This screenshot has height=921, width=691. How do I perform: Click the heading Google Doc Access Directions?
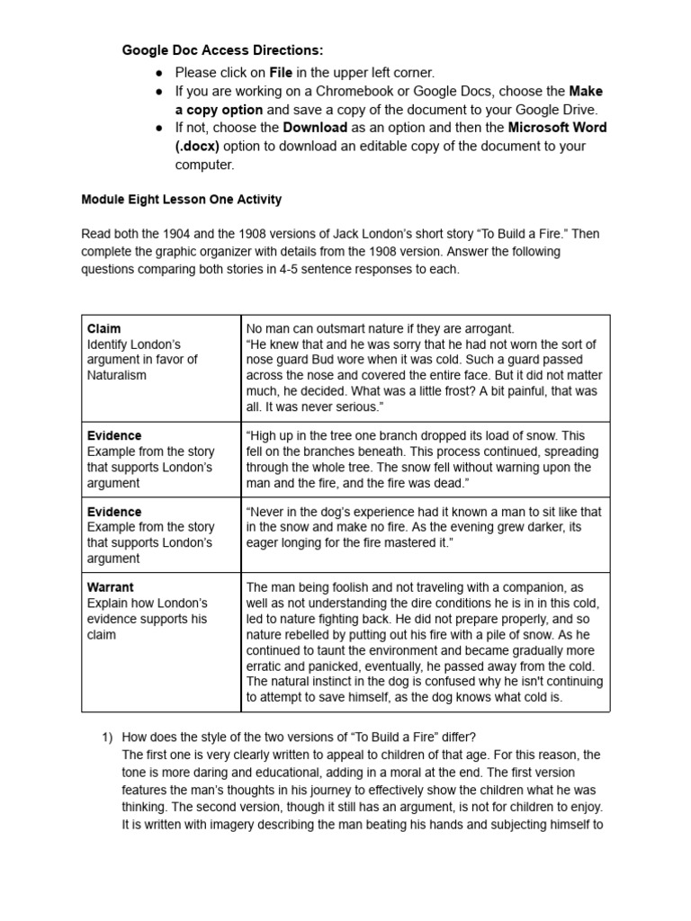pos(222,50)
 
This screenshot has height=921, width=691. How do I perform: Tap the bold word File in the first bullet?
pos(282,72)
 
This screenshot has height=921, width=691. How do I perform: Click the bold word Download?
pos(315,128)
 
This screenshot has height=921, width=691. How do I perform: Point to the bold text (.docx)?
pos(197,147)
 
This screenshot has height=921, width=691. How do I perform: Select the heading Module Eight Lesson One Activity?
pos(181,199)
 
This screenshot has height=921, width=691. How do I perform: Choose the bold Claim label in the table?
pos(103,328)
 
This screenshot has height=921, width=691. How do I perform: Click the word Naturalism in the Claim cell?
pos(116,374)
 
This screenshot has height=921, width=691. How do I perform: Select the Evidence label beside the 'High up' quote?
pos(114,435)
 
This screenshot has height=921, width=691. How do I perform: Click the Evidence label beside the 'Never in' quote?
pos(114,512)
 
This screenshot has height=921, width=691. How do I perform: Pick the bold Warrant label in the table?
pos(111,587)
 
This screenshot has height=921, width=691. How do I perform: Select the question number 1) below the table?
pos(105,738)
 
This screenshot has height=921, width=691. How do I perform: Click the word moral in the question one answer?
pos(421,773)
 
